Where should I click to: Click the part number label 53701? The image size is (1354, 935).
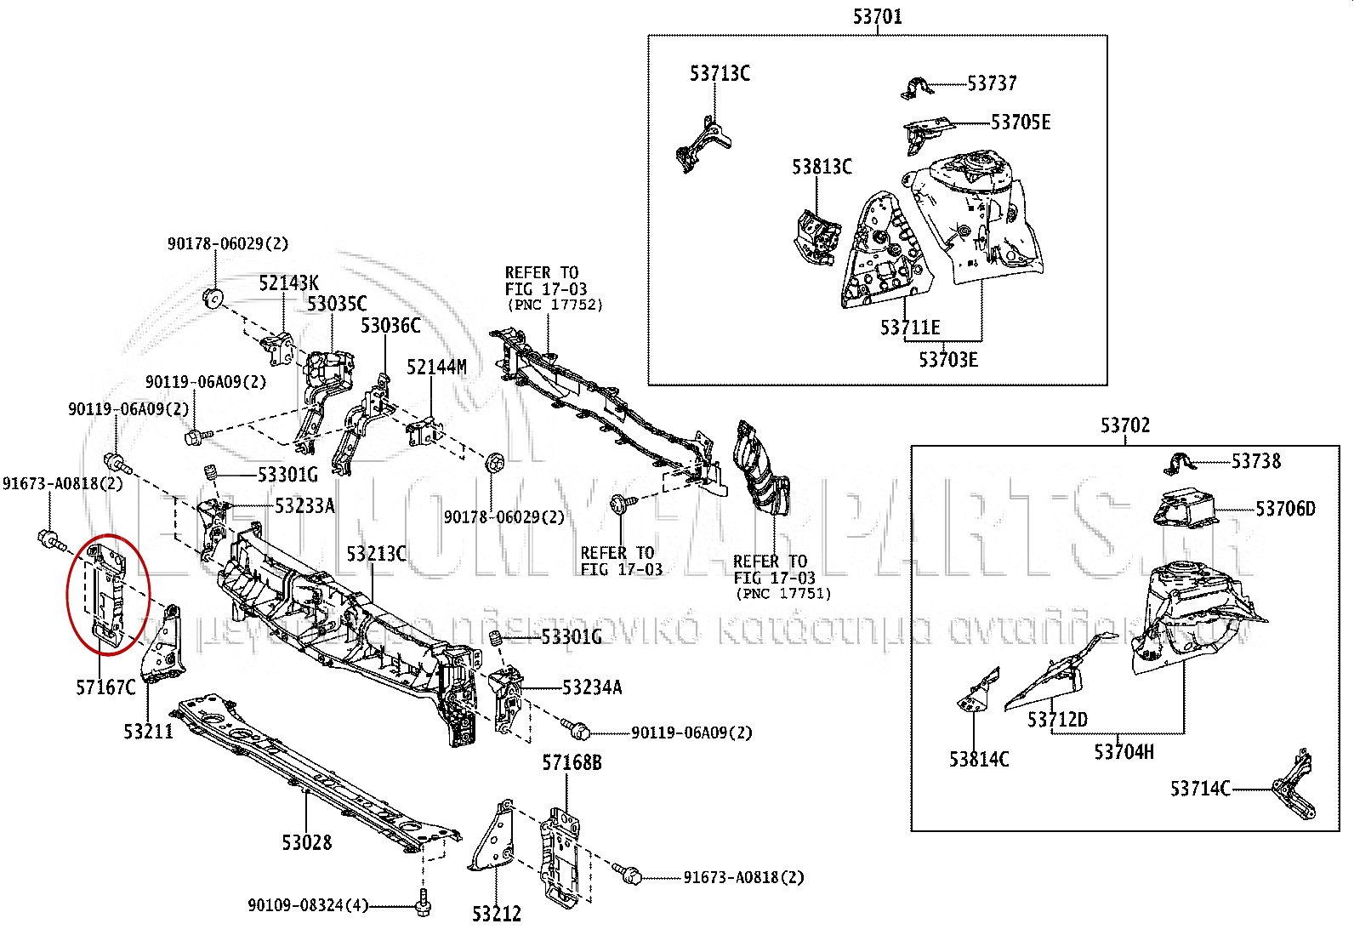[x=877, y=16]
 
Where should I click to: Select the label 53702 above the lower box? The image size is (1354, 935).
[x=1124, y=425]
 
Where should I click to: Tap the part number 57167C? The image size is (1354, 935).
[x=105, y=687]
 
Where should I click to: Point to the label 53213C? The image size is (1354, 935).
[x=376, y=554]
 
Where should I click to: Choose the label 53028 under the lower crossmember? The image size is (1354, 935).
[x=307, y=842]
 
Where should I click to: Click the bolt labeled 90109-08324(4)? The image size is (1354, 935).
[x=423, y=903]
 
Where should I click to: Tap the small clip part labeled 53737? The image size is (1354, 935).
[x=916, y=88]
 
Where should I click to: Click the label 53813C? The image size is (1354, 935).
[x=822, y=166]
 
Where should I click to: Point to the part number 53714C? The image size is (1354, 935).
[x=1199, y=789]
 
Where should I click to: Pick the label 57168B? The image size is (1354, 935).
[x=572, y=762]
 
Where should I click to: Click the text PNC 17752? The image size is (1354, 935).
[x=554, y=305]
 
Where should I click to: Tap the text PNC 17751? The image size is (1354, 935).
[x=782, y=593]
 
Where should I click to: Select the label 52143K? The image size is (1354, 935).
[x=288, y=283]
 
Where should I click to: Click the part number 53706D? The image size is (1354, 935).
[x=1285, y=509]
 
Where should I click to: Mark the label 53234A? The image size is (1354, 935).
[x=591, y=687]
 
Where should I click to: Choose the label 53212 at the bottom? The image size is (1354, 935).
[x=497, y=914]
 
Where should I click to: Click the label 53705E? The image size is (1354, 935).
[x=1021, y=123]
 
